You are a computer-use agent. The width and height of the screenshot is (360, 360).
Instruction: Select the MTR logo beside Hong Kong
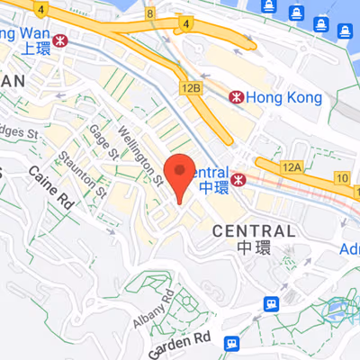point(235,95)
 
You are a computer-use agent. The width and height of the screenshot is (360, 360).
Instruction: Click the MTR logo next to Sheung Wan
point(61,40)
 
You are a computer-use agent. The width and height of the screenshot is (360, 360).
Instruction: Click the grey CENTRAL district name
point(254,231)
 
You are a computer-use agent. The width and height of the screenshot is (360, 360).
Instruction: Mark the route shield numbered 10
point(342,178)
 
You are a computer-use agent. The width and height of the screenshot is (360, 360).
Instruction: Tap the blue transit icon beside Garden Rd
point(232,343)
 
